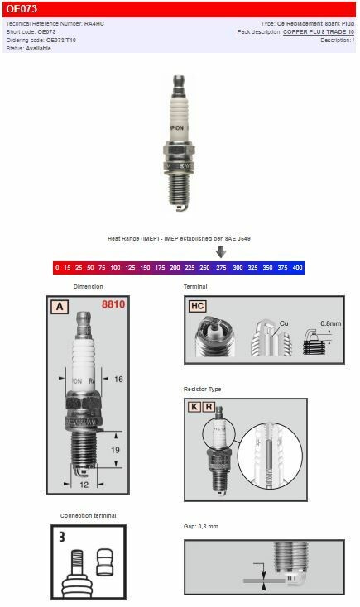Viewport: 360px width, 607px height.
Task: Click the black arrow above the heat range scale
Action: tap(221, 252)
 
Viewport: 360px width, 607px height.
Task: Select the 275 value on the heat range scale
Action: tap(221, 268)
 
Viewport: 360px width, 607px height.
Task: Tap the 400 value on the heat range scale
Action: tap(297, 268)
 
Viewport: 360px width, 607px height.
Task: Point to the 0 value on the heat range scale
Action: tap(57, 268)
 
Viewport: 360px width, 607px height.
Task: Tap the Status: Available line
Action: tap(29, 49)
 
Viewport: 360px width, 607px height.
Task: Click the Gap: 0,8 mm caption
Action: tap(201, 527)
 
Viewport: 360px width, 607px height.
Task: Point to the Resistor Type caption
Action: tap(202, 389)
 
